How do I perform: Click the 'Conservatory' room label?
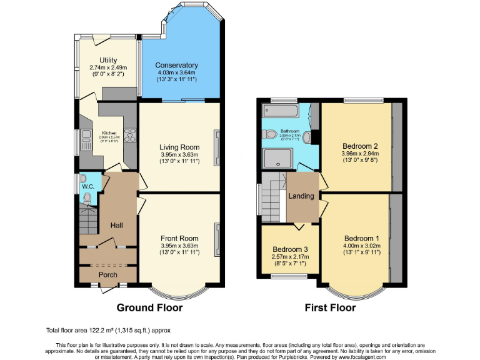point(176,65)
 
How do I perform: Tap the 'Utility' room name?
point(104,60)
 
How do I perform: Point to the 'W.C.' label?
point(87,186)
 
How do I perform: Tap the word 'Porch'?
point(108,274)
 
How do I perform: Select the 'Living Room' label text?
point(178,146)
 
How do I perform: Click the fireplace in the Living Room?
point(217,147)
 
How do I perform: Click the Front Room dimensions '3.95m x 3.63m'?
point(179,246)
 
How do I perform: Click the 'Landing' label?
point(301,196)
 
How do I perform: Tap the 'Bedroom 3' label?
point(290,249)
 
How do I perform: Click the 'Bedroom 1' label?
point(361,239)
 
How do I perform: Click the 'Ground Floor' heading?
point(150,307)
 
